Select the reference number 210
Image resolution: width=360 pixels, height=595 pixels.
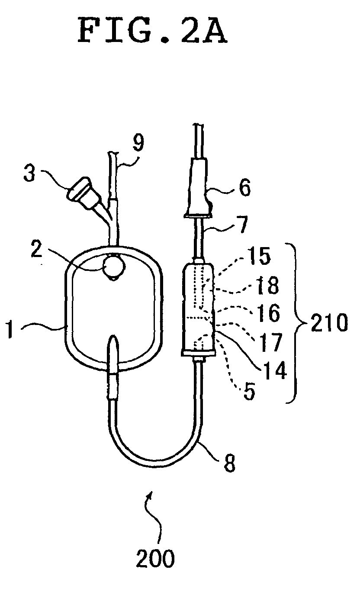pyautogui.click(x=329, y=322)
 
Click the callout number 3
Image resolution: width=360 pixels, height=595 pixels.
pyautogui.click(x=29, y=173)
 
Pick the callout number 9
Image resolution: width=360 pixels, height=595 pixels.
pyautogui.click(x=138, y=143)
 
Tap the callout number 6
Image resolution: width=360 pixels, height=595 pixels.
pyautogui.click(x=244, y=187)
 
